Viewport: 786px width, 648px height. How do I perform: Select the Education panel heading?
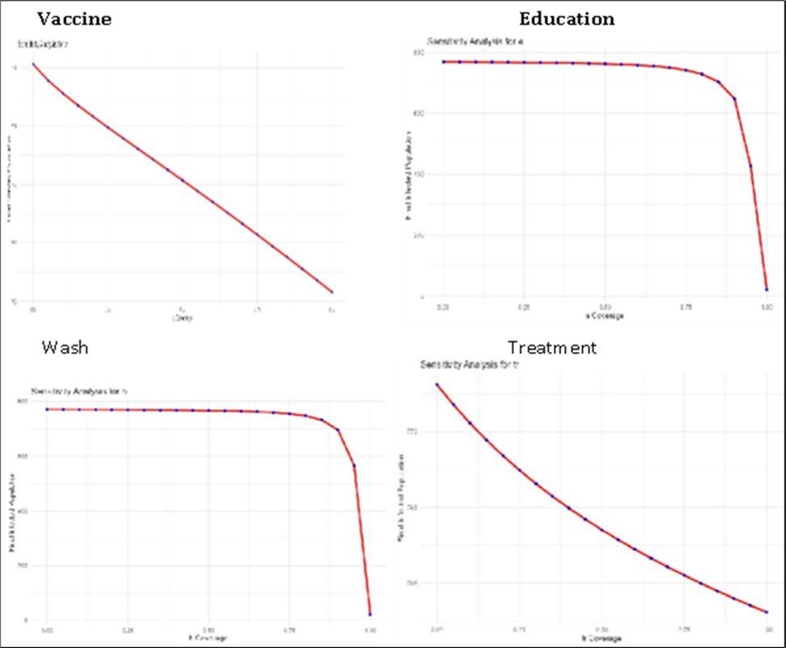coord(567,19)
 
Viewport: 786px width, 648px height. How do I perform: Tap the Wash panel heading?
coord(65,348)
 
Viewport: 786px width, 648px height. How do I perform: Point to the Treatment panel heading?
coord(552,348)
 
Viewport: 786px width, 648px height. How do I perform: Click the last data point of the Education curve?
coord(767,289)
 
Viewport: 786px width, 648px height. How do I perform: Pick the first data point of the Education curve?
coord(444,61)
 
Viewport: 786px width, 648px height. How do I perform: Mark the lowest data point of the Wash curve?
coord(370,614)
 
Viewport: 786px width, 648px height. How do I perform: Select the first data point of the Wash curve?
coord(47,409)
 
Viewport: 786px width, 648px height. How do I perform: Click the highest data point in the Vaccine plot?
coord(33,64)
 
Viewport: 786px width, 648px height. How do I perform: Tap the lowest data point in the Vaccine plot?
coord(332,292)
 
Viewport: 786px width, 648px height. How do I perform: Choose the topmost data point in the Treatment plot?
coord(437,384)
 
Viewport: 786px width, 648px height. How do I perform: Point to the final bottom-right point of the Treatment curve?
coord(766,612)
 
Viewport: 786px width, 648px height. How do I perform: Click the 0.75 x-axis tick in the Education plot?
coord(686,307)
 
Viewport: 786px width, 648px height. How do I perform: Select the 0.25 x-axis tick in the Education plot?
coord(524,307)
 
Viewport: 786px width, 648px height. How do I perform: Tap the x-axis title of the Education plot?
coord(605,316)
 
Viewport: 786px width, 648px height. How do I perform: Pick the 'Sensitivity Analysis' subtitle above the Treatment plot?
coord(469,366)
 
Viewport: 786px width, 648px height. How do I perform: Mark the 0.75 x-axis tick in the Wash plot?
coord(289,629)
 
